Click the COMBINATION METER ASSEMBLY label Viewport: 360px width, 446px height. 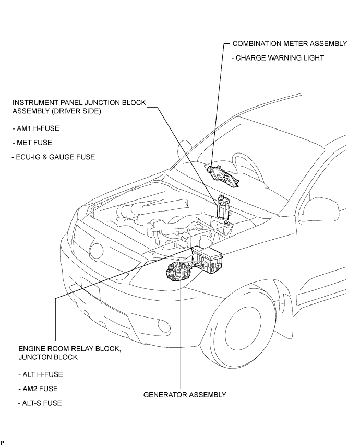click(290, 43)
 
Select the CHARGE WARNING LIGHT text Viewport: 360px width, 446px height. click(278, 58)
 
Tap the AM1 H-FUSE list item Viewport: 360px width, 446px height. click(36, 128)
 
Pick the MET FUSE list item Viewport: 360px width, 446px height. click(32, 143)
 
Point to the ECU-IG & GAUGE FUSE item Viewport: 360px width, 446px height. click(53, 157)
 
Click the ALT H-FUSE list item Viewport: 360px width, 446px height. click(41, 374)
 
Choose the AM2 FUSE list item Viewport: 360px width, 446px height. click(38, 389)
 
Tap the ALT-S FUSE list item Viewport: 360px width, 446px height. click(40, 403)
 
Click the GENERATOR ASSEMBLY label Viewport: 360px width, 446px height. click(185, 395)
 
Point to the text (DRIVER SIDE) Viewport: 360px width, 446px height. click(76, 111)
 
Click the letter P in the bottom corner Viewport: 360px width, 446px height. click(2, 442)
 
